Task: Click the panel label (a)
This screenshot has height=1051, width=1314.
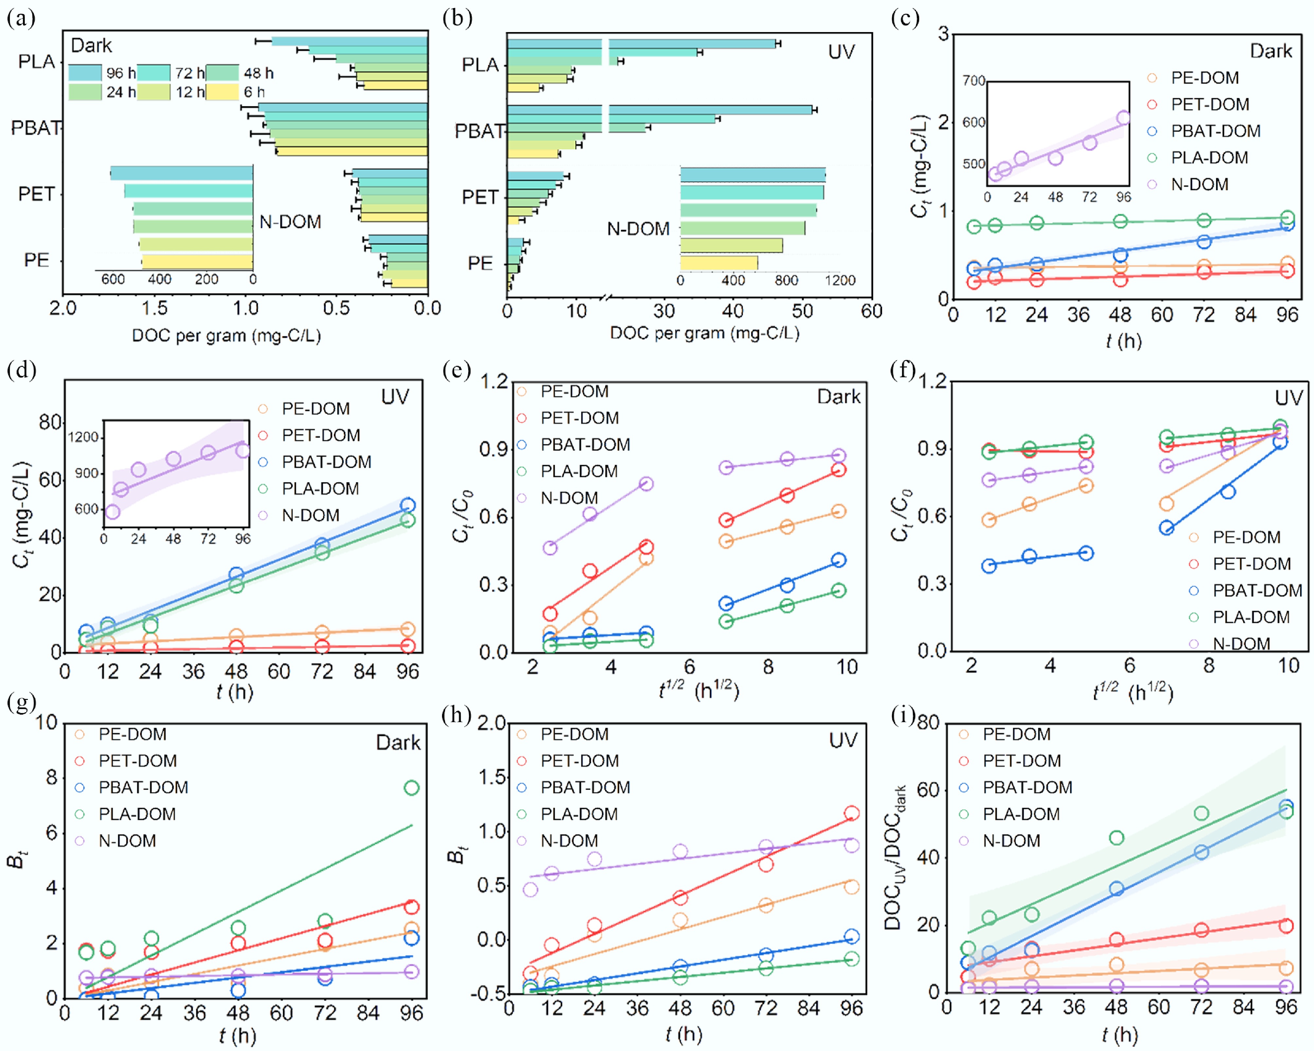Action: (x=21, y=18)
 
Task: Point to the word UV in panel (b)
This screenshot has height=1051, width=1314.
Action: (x=841, y=52)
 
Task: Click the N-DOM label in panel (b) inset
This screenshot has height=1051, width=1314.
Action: (x=638, y=229)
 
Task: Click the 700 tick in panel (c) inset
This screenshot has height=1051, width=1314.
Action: (x=974, y=81)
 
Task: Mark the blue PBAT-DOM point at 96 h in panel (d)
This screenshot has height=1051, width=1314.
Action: (x=408, y=506)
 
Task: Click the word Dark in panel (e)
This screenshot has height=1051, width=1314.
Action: (x=839, y=397)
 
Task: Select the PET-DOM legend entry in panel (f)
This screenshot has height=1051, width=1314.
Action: (x=1251, y=564)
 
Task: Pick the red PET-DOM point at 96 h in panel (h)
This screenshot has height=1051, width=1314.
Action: (x=851, y=813)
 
